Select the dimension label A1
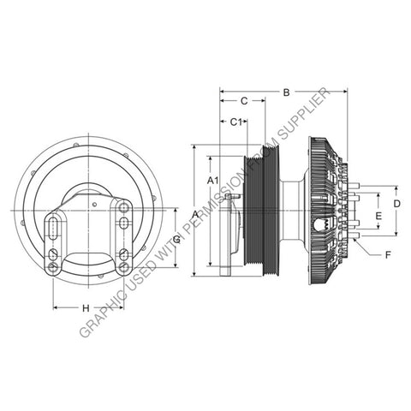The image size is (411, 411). point(214,180)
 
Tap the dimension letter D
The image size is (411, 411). point(396,203)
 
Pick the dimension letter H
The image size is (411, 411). point(86,307)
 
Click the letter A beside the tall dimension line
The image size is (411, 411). point(195,211)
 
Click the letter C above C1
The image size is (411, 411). point(243,100)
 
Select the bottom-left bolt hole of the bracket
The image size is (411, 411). point(54,267)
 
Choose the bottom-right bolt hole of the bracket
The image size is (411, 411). point(124,267)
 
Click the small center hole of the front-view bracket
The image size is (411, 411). point(88,203)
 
